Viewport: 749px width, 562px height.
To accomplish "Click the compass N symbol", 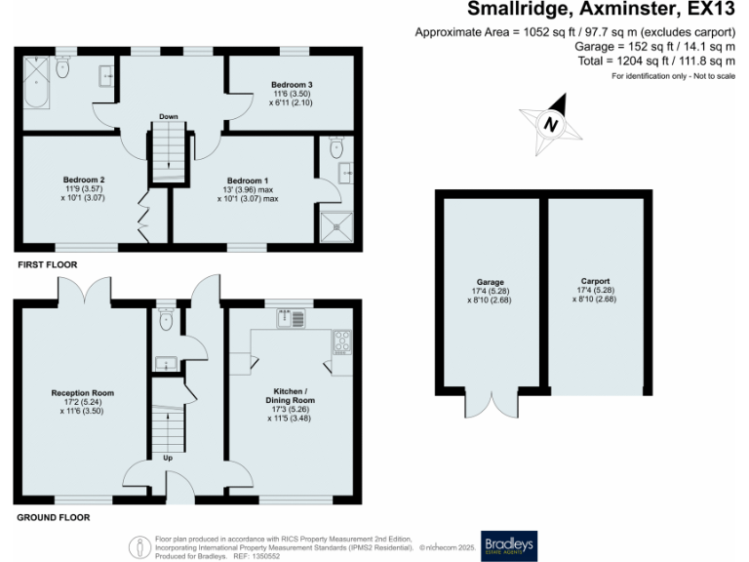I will coord(551,125).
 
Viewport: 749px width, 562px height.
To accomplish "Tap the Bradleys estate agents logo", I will coord(509,544).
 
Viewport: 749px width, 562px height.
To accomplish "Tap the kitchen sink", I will coord(291,317).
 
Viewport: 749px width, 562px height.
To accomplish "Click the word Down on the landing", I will coord(168,115).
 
